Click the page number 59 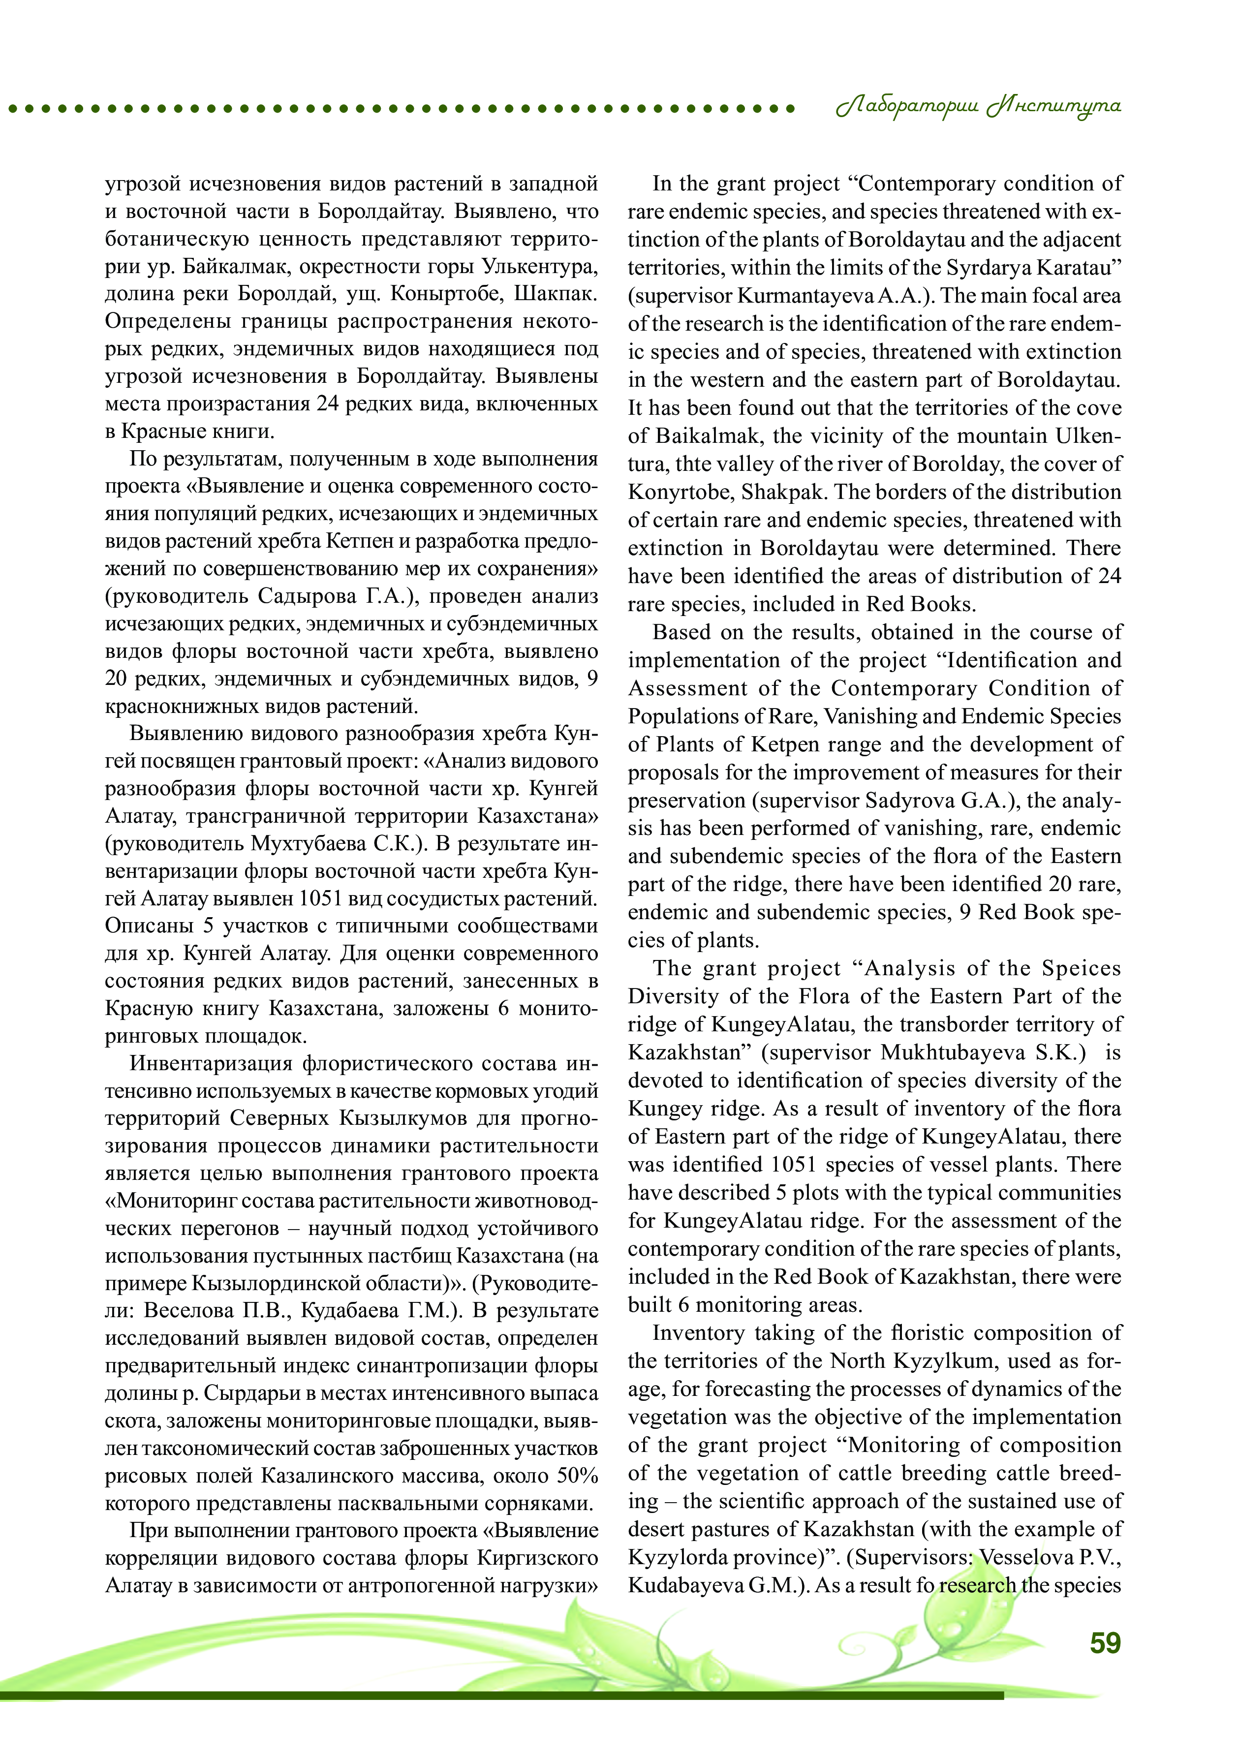click(x=1105, y=1643)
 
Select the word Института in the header click(x=1054, y=107)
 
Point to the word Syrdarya click(x=990, y=268)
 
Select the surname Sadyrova click(x=914, y=801)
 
